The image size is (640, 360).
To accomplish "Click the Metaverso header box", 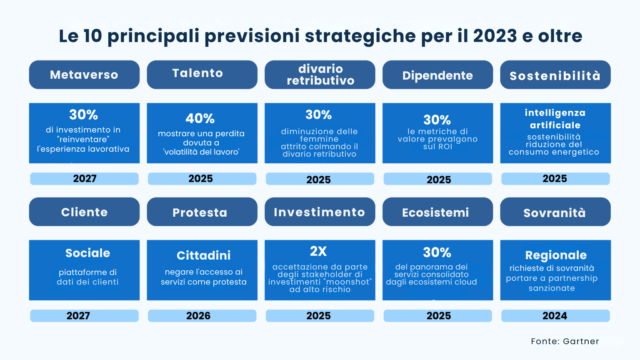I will click(x=84, y=75).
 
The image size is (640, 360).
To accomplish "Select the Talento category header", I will click(x=202, y=75).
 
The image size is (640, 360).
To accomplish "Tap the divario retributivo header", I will click(x=320, y=75).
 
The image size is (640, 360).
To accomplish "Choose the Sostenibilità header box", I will click(x=555, y=75).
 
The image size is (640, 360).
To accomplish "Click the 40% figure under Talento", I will click(x=200, y=119).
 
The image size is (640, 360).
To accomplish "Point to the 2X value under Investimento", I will click(x=319, y=251).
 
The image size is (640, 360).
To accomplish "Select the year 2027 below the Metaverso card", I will click(x=85, y=179).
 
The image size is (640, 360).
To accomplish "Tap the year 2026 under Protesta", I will click(x=198, y=316).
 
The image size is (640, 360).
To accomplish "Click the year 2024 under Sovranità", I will click(x=555, y=316).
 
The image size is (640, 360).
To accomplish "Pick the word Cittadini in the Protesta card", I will click(x=203, y=255).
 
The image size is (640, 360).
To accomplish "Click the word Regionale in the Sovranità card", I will click(x=556, y=255).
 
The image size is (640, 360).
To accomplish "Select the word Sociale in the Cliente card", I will click(x=87, y=253).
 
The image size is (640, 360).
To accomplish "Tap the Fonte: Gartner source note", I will click(x=565, y=341).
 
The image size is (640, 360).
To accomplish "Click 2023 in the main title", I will click(x=495, y=36).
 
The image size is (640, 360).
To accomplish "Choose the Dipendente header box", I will click(x=437, y=75).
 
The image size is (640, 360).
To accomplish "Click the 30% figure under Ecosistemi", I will click(x=437, y=252).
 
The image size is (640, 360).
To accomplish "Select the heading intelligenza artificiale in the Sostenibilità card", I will click(x=555, y=119).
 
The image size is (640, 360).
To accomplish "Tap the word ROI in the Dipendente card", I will click(x=445, y=147).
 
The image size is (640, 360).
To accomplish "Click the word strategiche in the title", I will click(x=360, y=36).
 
